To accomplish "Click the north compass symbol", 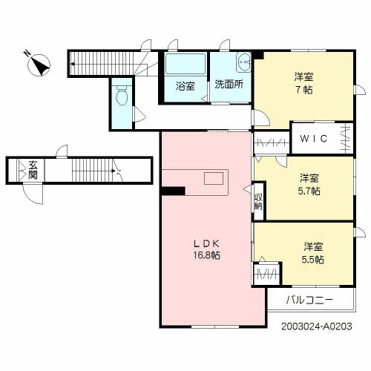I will pyautogui.click(x=38, y=65).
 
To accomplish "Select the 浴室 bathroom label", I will pyautogui.click(x=185, y=85).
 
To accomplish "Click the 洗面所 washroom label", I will pyautogui.click(x=229, y=85).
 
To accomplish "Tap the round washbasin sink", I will pyautogui.click(x=242, y=62).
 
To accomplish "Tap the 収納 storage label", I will pyautogui.click(x=258, y=202).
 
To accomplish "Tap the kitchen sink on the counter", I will pyautogui.click(x=214, y=178).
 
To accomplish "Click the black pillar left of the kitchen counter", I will pyautogui.click(x=173, y=191).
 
